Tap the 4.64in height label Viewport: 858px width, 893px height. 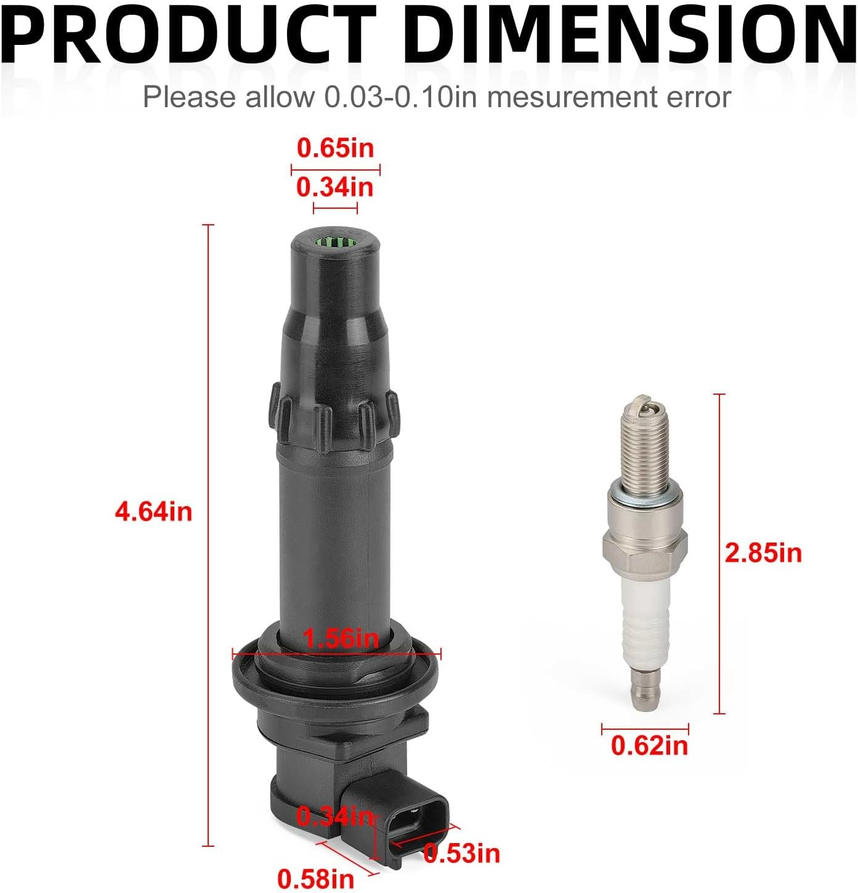click(153, 512)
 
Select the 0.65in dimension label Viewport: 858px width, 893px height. click(335, 148)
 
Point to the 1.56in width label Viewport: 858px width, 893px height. click(341, 638)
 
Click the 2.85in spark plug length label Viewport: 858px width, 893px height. click(763, 552)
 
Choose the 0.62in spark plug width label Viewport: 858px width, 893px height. click(649, 746)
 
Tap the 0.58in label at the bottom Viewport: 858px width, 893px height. click(315, 878)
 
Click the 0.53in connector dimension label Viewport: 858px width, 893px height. click(462, 853)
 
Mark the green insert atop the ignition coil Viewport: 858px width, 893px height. click(334, 242)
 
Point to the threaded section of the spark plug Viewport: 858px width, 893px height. click(644, 443)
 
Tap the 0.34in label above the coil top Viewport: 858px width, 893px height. click(335, 187)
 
